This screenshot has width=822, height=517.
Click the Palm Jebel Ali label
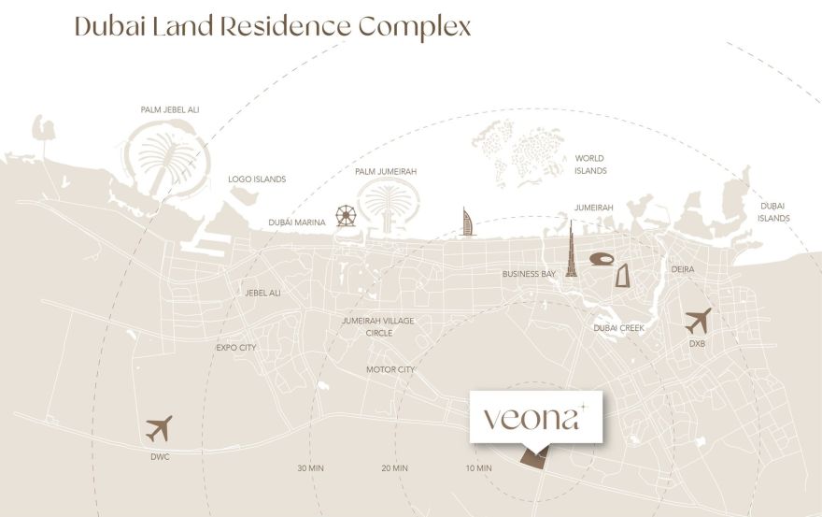tap(170, 109)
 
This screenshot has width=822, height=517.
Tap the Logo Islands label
tap(257, 179)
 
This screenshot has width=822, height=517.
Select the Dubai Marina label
tap(297, 223)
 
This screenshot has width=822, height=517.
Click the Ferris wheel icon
tap(347, 217)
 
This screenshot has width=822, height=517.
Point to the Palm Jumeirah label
tap(386, 172)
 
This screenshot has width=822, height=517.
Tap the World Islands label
tap(591, 165)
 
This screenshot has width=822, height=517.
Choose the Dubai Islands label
tap(774, 211)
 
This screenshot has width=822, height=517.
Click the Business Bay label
tap(529, 274)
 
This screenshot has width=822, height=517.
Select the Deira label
tap(683, 269)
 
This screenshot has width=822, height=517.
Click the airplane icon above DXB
tap(698, 321)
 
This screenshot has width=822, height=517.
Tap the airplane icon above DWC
tap(160, 429)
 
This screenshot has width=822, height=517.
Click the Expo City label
tap(235, 347)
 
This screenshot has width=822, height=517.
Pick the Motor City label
tap(390, 369)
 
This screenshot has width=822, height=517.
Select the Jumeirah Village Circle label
tap(378, 326)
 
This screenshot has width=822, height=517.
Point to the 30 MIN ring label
tap(311, 467)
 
